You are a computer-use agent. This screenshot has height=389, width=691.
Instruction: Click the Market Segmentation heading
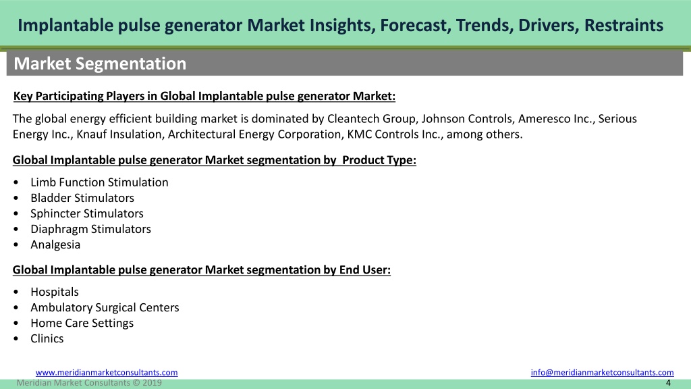pos(100,63)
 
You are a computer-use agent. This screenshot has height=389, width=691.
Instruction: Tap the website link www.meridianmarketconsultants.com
pos(107,372)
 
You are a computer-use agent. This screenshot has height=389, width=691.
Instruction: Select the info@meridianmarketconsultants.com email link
pos(602,372)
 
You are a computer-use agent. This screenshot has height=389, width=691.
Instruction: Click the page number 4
pos(668,383)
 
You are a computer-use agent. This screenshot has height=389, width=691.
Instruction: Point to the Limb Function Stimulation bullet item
pos(99,182)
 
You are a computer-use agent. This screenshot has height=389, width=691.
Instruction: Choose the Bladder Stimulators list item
pos(82,198)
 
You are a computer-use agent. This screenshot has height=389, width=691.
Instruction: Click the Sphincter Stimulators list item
pos(87,213)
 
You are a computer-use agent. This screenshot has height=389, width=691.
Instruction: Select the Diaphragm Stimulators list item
pos(90,229)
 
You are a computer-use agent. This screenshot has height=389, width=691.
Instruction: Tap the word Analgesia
pos(55,244)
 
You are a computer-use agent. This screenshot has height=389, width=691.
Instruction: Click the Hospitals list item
pos(54,292)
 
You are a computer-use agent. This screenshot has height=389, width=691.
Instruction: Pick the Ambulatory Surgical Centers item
pos(105,307)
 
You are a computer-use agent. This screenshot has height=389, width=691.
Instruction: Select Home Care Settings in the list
pos(82,323)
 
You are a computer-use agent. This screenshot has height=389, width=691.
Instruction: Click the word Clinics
pos(47,338)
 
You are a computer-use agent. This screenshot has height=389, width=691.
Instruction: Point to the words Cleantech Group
pos(371,119)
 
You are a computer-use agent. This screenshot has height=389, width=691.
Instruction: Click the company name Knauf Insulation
pos(119,134)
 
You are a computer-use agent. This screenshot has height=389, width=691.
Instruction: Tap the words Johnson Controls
pos(467,119)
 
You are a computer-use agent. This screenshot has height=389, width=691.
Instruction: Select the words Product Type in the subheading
pos(379,160)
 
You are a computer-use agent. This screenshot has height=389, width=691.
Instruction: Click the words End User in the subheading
pos(364,270)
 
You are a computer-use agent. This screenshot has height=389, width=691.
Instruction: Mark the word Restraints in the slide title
pos(624,25)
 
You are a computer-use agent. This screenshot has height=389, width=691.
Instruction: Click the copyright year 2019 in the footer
pos(152,383)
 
